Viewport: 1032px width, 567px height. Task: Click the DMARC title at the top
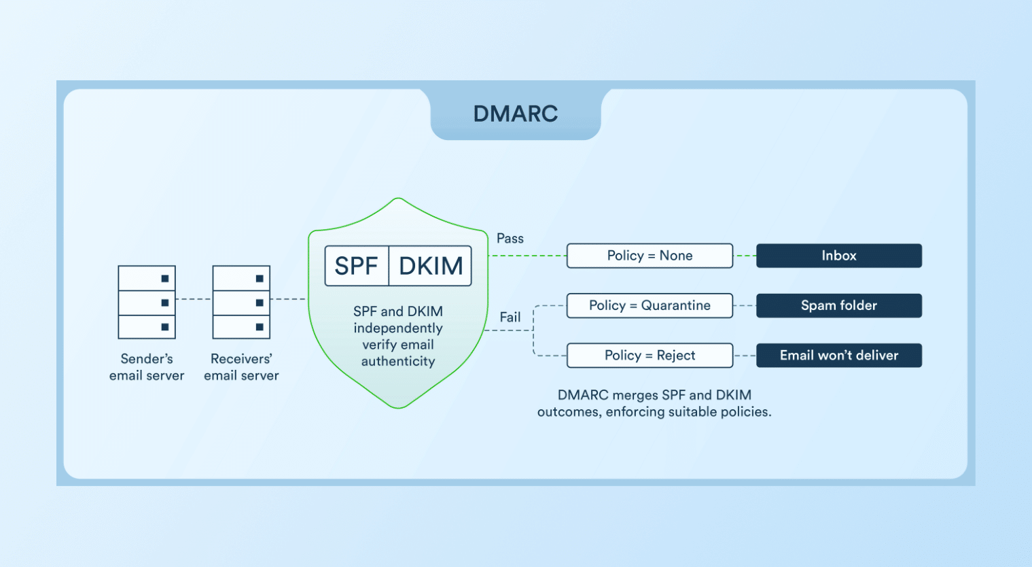pyautogui.click(x=515, y=114)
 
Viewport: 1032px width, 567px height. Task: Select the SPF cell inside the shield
pyautogui.click(x=356, y=266)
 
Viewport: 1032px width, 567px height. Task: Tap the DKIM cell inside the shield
pyautogui.click(x=431, y=266)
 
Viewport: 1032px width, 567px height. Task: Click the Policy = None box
pyautogui.click(x=650, y=256)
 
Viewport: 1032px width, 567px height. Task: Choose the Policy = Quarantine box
pyautogui.click(x=650, y=305)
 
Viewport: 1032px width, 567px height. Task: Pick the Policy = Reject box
pyautogui.click(x=650, y=356)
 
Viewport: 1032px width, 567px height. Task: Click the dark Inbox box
pyautogui.click(x=838, y=256)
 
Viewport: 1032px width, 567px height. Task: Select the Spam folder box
pyautogui.click(x=838, y=305)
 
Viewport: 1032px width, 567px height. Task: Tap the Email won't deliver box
pyautogui.click(x=838, y=356)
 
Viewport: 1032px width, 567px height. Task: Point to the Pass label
pyautogui.click(x=510, y=239)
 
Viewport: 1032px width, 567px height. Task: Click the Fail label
pyautogui.click(x=510, y=317)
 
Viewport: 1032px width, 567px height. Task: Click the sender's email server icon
pyautogui.click(x=147, y=302)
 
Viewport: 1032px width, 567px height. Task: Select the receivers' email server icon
pyautogui.click(x=241, y=302)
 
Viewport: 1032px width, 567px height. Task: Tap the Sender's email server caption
pyautogui.click(x=147, y=367)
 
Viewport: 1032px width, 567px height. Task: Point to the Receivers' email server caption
pyautogui.click(x=241, y=367)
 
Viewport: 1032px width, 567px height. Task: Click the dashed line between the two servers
pyautogui.click(x=194, y=299)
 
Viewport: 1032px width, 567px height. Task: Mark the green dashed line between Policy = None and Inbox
pyautogui.click(x=745, y=256)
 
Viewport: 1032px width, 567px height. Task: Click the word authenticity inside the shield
pyautogui.click(x=398, y=362)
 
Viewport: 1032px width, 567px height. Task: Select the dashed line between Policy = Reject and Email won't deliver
pyautogui.click(x=745, y=356)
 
